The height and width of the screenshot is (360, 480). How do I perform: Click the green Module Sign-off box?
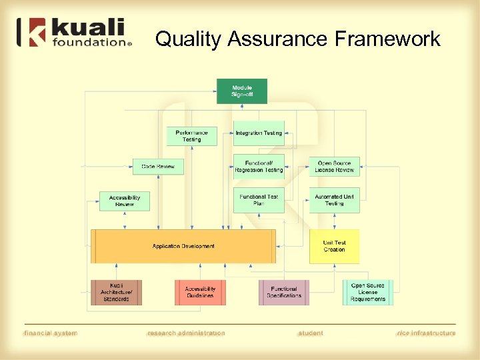242,91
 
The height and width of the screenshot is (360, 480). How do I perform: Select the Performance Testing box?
191,136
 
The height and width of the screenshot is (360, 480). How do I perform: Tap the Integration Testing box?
259,133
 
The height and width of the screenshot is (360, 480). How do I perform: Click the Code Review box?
158,167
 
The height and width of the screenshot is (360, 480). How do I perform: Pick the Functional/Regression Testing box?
259,167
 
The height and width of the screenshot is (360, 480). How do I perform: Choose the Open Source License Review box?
335,167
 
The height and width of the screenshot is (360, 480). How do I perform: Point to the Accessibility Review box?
125,201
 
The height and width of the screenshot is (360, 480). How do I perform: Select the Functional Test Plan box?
259,201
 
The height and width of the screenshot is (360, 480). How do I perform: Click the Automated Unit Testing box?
335,201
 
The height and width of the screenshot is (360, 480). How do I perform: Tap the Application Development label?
183,246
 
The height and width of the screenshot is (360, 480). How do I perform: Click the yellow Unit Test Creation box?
335,246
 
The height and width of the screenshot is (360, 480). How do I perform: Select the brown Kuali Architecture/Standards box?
117,293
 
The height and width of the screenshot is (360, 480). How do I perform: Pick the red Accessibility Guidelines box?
200,293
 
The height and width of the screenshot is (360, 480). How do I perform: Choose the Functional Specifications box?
284,293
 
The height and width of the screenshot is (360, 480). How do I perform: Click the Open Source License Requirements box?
368,293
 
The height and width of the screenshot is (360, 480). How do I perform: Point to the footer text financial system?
51,333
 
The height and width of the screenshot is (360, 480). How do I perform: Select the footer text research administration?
186,333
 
